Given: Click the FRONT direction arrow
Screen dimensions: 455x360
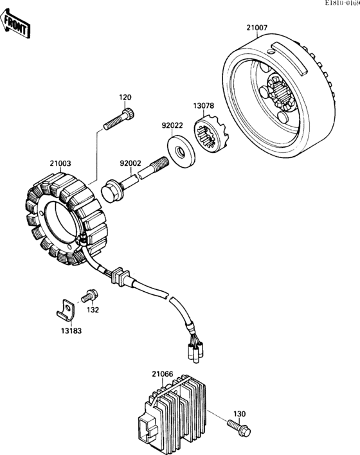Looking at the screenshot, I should pyautogui.click(x=16, y=25).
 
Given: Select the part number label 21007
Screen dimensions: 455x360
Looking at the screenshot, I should pyautogui.click(x=257, y=28).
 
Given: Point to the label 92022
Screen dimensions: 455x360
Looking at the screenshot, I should pyautogui.click(x=172, y=127).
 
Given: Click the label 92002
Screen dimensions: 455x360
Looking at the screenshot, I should pyautogui.click(x=129, y=163).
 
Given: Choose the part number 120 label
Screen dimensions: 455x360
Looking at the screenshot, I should pyautogui.click(x=125, y=97).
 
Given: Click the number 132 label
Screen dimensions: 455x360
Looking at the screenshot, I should pyautogui.click(x=93, y=310).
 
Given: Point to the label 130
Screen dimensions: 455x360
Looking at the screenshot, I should pyautogui.click(x=239, y=413).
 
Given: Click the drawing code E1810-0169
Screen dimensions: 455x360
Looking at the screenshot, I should pyautogui.click(x=337, y=4).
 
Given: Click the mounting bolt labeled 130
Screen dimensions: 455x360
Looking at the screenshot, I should pyautogui.click(x=240, y=426).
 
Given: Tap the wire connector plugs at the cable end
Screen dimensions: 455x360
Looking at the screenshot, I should pyautogui.click(x=195, y=348).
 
